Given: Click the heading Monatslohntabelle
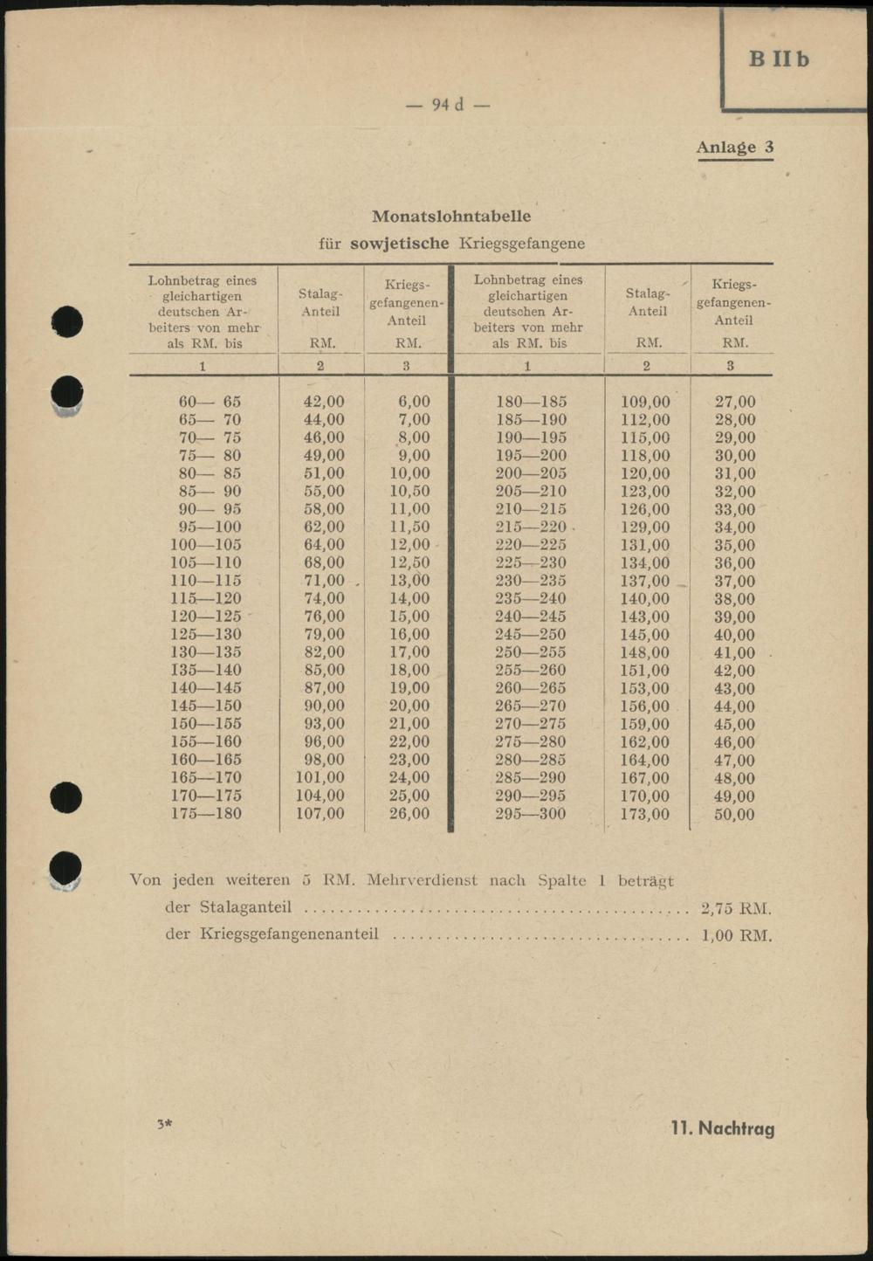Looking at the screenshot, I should click(x=450, y=216).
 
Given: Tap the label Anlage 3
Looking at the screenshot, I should click(x=734, y=147).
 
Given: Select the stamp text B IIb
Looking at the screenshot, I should click(x=779, y=59).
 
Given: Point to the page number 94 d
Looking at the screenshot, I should click(x=448, y=105).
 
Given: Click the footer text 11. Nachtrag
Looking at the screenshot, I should click(x=722, y=1128).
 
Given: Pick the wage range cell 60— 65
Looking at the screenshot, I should click(x=210, y=402).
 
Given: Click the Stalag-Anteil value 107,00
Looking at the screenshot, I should click(x=320, y=813).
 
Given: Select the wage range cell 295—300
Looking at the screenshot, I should click(x=530, y=814).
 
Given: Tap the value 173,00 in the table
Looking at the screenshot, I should click(x=645, y=814).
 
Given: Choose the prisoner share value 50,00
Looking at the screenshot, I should click(x=734, y=814).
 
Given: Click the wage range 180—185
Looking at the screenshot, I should click(x=531, y=402).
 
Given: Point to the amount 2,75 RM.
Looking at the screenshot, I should click(x=736, y=908).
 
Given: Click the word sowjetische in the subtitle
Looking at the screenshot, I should click(x=399, y=243).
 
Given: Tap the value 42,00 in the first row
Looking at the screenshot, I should click(x=323, y=402).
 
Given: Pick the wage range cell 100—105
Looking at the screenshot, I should click(x=206, y=545).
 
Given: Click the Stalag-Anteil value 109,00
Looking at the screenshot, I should click(x=645, y=402).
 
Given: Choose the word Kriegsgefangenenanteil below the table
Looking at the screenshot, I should click(x=289, y=934).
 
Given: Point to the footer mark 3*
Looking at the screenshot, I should click(x=164, y=1124).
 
